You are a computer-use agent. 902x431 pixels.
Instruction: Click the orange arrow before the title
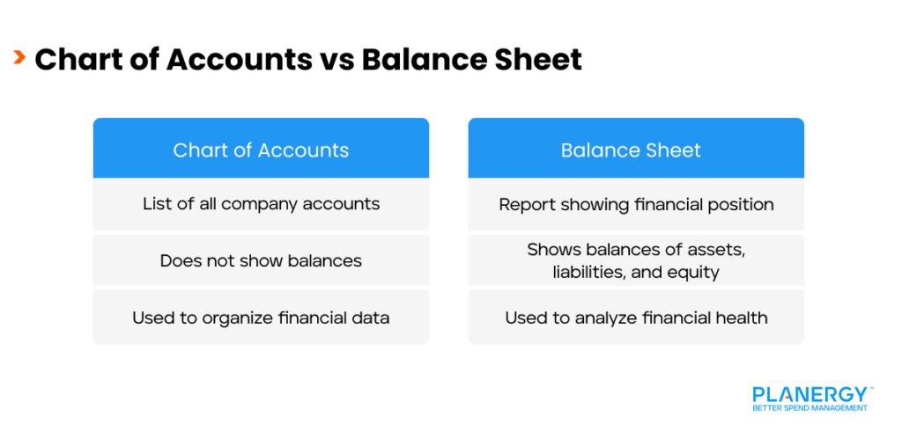(18, 58)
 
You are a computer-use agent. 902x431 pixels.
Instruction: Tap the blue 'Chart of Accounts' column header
(261, 150)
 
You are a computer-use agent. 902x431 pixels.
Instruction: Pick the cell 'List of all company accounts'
(261, 204)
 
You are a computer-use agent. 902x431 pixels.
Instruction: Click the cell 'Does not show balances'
(261, 260)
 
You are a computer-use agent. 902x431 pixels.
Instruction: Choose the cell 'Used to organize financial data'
(261, 318)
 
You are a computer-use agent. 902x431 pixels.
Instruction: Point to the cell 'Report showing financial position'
(635, 204)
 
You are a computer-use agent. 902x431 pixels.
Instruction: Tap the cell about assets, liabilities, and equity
(635, 260)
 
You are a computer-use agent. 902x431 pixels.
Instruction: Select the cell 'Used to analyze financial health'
(635, 318)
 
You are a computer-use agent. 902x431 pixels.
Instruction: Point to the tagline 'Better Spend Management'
(810, 408)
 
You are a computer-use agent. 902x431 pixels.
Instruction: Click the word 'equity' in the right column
(693, 272)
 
